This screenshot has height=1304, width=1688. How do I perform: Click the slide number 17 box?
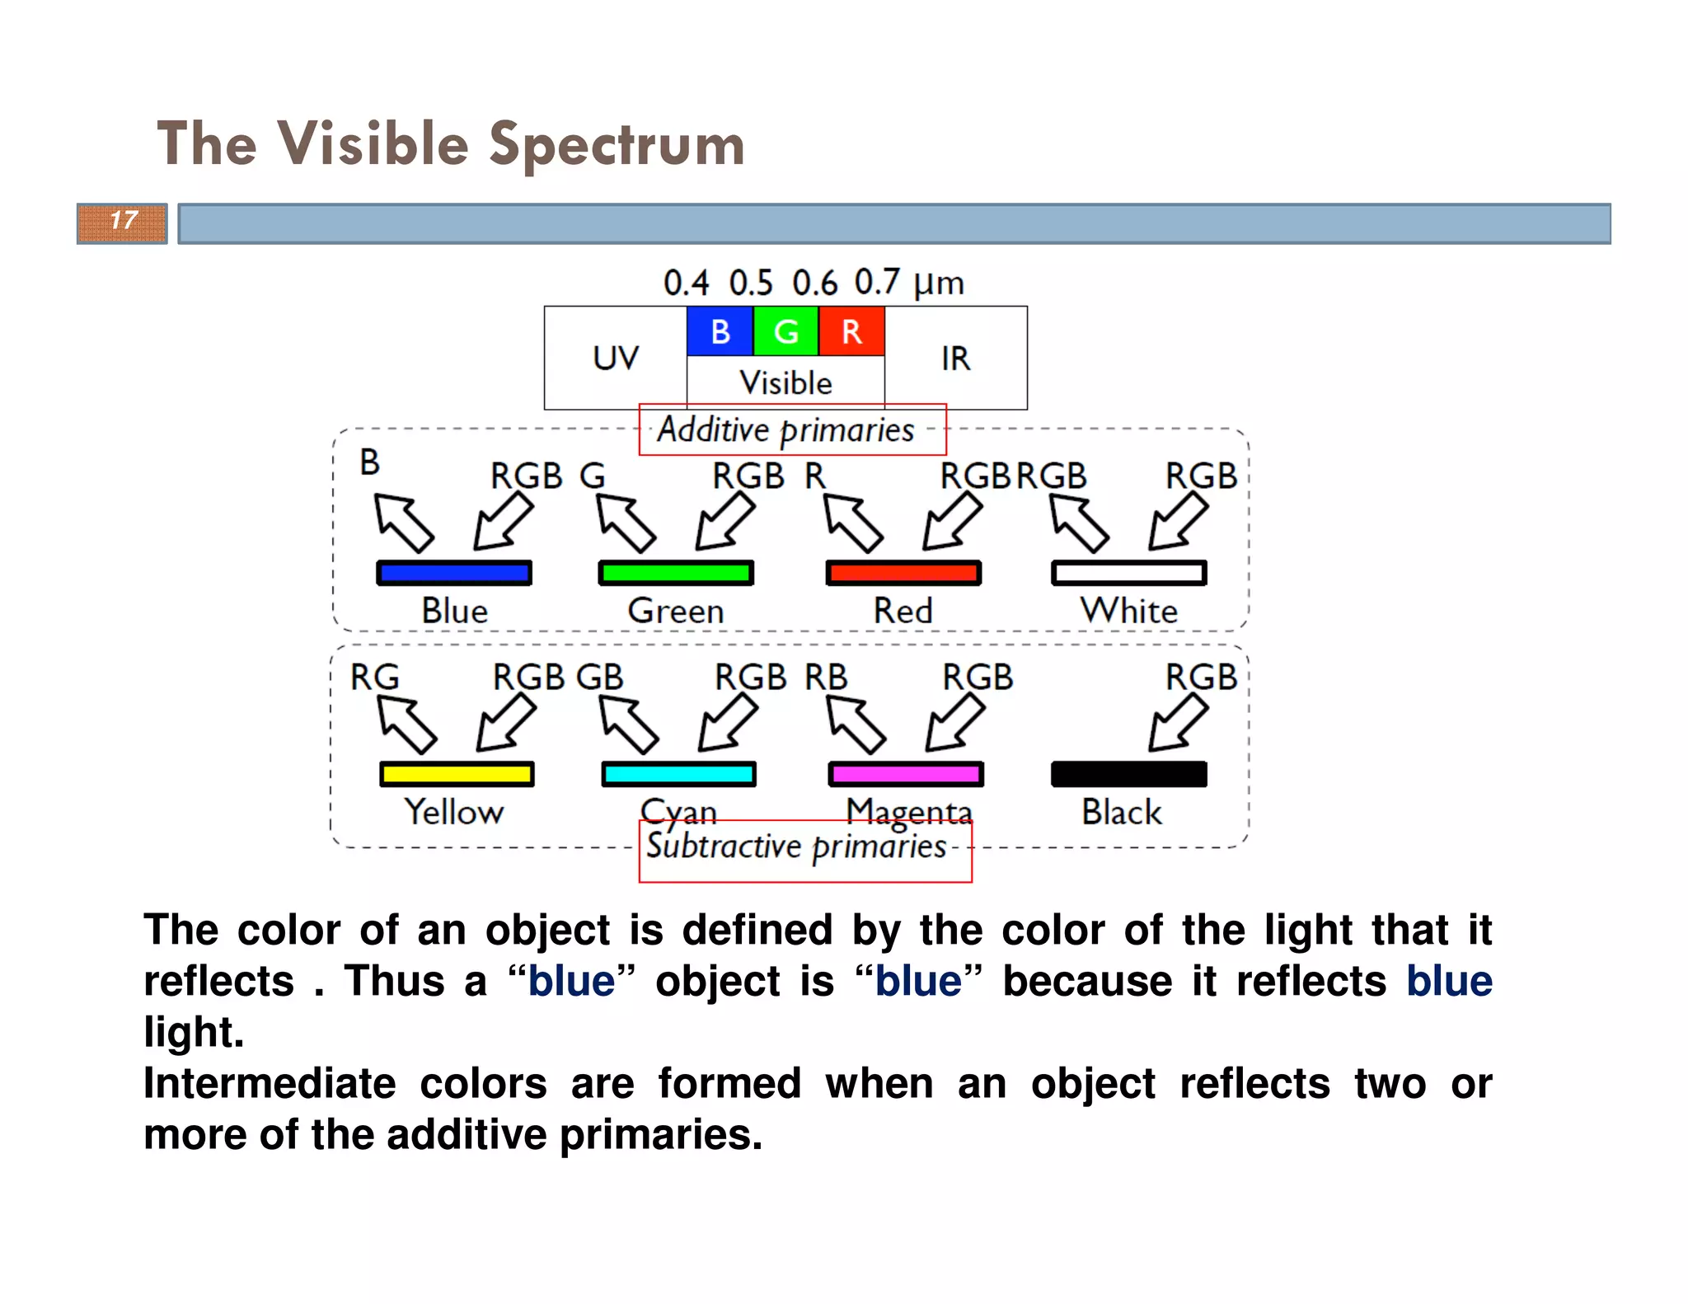[x=122, y=223]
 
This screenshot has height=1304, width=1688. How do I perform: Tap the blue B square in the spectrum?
[x=720, y=331]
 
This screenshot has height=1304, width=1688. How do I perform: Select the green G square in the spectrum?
[x=785, y=331]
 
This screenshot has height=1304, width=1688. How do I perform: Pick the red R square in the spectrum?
[x=851, y=331]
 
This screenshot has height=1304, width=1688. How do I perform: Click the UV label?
[x=616, y=359]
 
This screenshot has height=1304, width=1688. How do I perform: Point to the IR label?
[x=955, y=359]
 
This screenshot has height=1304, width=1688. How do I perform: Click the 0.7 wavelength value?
[x=876, y=283]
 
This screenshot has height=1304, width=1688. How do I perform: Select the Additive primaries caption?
[x=785, y=429]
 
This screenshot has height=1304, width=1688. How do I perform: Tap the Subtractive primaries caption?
[x=796, y=847]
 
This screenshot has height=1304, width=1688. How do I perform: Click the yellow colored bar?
[x=457, y=774]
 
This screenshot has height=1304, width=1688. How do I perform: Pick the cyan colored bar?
[x=678, y=774]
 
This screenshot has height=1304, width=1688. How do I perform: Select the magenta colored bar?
[x=906, y=774]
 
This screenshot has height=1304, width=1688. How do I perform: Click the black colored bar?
[x=1128, y=774]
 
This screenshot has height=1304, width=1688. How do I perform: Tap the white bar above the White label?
[x=1128, y=573]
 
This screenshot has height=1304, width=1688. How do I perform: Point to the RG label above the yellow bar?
[x=374, y=678]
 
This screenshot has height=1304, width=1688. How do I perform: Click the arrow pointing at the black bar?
[x=1178, y=723]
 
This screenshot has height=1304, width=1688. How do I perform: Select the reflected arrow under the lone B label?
[x=404, y=523]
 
